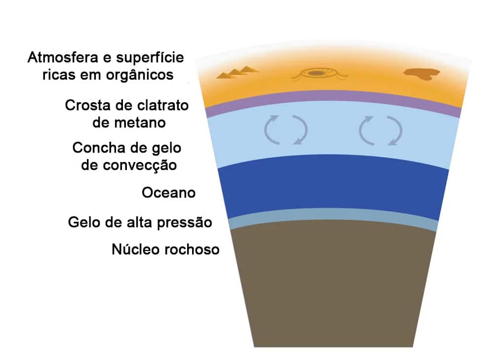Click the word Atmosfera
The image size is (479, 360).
click(63, 57)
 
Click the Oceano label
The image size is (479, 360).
click(168, 193)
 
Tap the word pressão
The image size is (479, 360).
click(185, 223)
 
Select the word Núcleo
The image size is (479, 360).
click(136, 249)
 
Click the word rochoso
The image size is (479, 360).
click(192, 249)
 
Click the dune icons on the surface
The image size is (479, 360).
click(238, 72)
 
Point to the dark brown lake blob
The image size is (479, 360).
click(422, 74)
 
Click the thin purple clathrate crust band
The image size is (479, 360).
click(333, 95)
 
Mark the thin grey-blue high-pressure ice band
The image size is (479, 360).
click(333, 214)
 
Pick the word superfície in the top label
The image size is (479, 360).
click(150, 58)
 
